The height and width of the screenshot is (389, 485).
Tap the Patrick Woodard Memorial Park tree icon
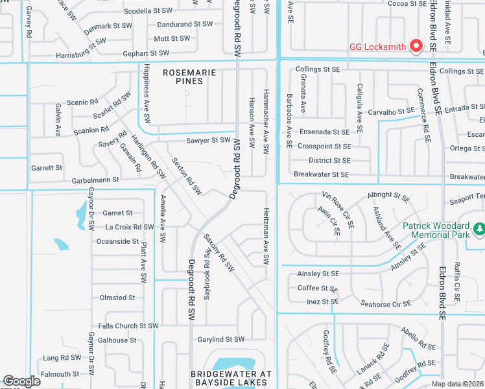[479, 229]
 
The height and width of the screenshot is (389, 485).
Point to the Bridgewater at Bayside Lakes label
[231, 379]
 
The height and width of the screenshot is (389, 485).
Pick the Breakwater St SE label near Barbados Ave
[322, 174]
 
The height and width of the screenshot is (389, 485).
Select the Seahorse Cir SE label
[385, 303]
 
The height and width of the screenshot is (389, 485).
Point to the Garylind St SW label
[221, 339]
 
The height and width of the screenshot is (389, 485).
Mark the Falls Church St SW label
[128, 325]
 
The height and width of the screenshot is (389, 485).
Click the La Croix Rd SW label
[130, 227]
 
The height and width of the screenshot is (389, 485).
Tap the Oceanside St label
[117, 241]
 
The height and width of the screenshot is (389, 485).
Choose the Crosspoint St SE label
[324, 147]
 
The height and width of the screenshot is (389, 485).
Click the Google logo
[21, 381]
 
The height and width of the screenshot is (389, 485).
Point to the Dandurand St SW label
[185, 24]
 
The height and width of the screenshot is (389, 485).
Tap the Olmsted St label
[117, 298]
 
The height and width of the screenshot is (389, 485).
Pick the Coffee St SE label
[318, 289]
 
